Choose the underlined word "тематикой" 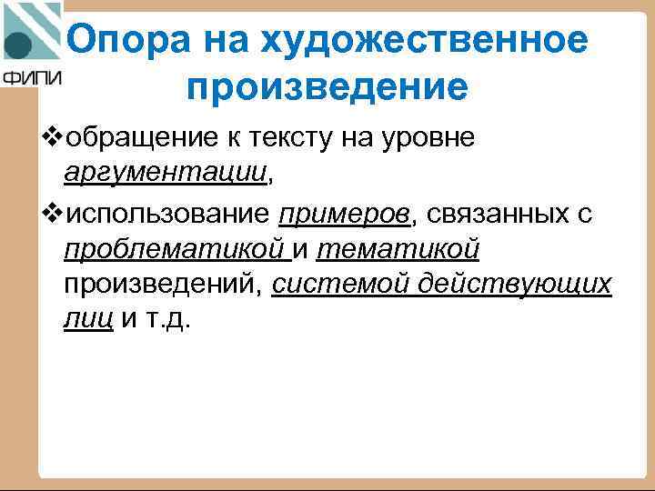coord(398,248)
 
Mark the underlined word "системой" coord(340,285)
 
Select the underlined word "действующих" coord(515,285)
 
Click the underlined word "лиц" coord(88,321)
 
